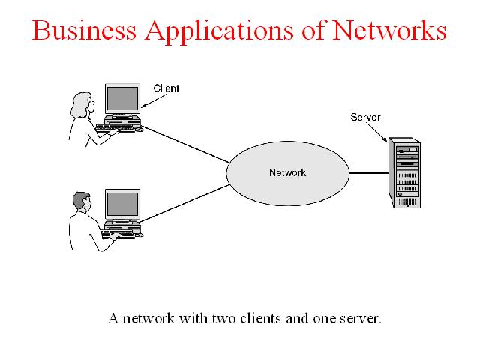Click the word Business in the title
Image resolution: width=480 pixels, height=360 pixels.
coord(84,30)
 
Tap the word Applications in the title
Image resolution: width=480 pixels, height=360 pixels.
coord(219,32)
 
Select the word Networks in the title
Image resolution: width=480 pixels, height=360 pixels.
coord(389,30)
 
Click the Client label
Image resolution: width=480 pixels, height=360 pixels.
coord(166,88)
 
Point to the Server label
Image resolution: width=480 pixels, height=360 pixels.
coord(365,117)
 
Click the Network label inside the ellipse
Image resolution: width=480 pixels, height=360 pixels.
coord(287,172)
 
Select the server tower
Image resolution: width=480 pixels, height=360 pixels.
coord(404,173)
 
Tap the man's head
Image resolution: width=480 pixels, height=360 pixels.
coord(82,202)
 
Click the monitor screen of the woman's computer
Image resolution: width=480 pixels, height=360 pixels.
coord(122,99)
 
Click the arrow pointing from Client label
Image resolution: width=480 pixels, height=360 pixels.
coord(154,101)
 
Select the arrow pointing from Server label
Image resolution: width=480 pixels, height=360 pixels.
coord(376,132)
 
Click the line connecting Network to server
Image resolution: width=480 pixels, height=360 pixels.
coord(369,173)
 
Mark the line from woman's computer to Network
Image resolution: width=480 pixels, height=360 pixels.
coord(185,144)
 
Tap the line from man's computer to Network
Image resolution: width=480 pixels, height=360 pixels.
coord(185,203)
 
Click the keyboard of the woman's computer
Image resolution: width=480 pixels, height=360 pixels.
coord(115,128)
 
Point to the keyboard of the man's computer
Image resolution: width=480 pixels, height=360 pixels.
coord(118,235)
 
